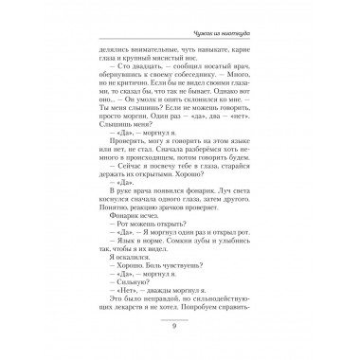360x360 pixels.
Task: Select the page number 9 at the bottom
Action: point(180,326)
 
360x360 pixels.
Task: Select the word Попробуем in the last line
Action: point(218,316)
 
